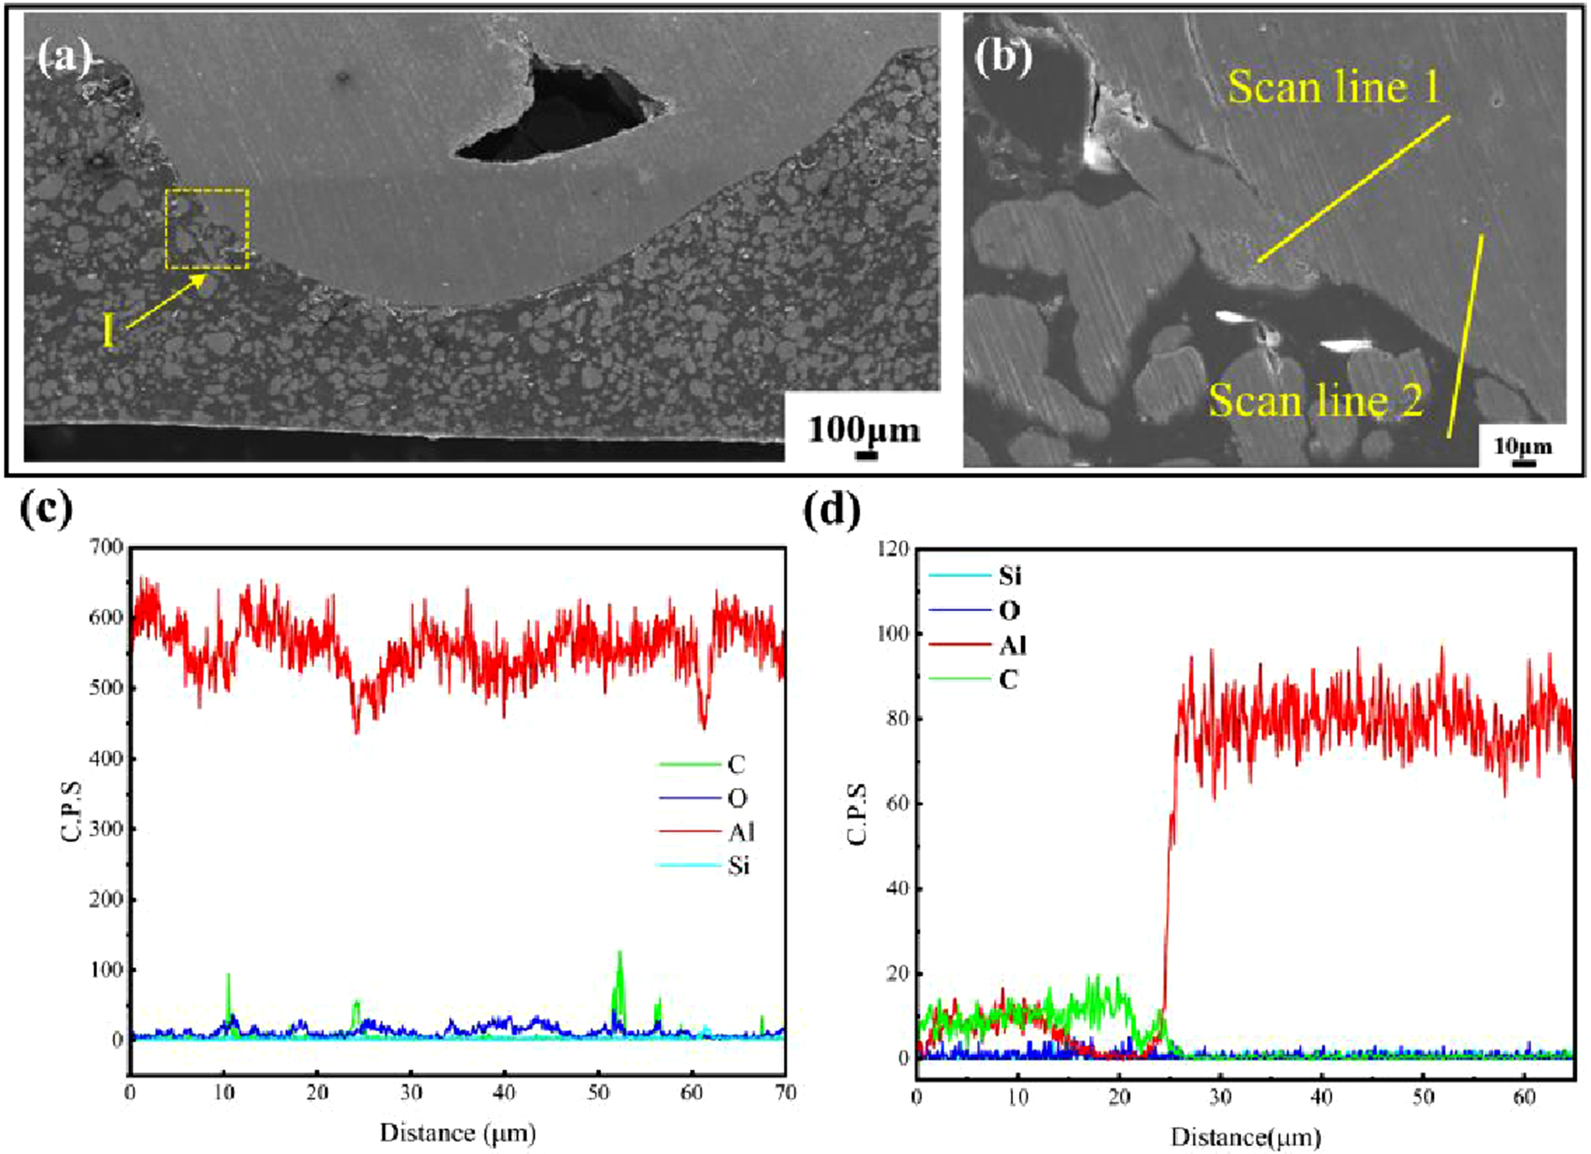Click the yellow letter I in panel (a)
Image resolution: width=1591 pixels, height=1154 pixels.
(108, 331)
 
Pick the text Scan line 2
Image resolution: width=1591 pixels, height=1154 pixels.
(1316, 401)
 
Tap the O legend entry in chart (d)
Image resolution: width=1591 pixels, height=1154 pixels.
(975, 611)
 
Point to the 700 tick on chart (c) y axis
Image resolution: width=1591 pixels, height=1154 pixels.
(107, 547)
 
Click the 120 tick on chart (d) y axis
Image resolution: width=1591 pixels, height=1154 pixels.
(893, 548)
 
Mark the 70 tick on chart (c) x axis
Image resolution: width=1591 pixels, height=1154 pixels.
(786, 1092)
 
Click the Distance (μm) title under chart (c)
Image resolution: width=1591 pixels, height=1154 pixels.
(458, 1132)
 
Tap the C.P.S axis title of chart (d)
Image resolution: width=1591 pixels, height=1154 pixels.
(857, 814)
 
